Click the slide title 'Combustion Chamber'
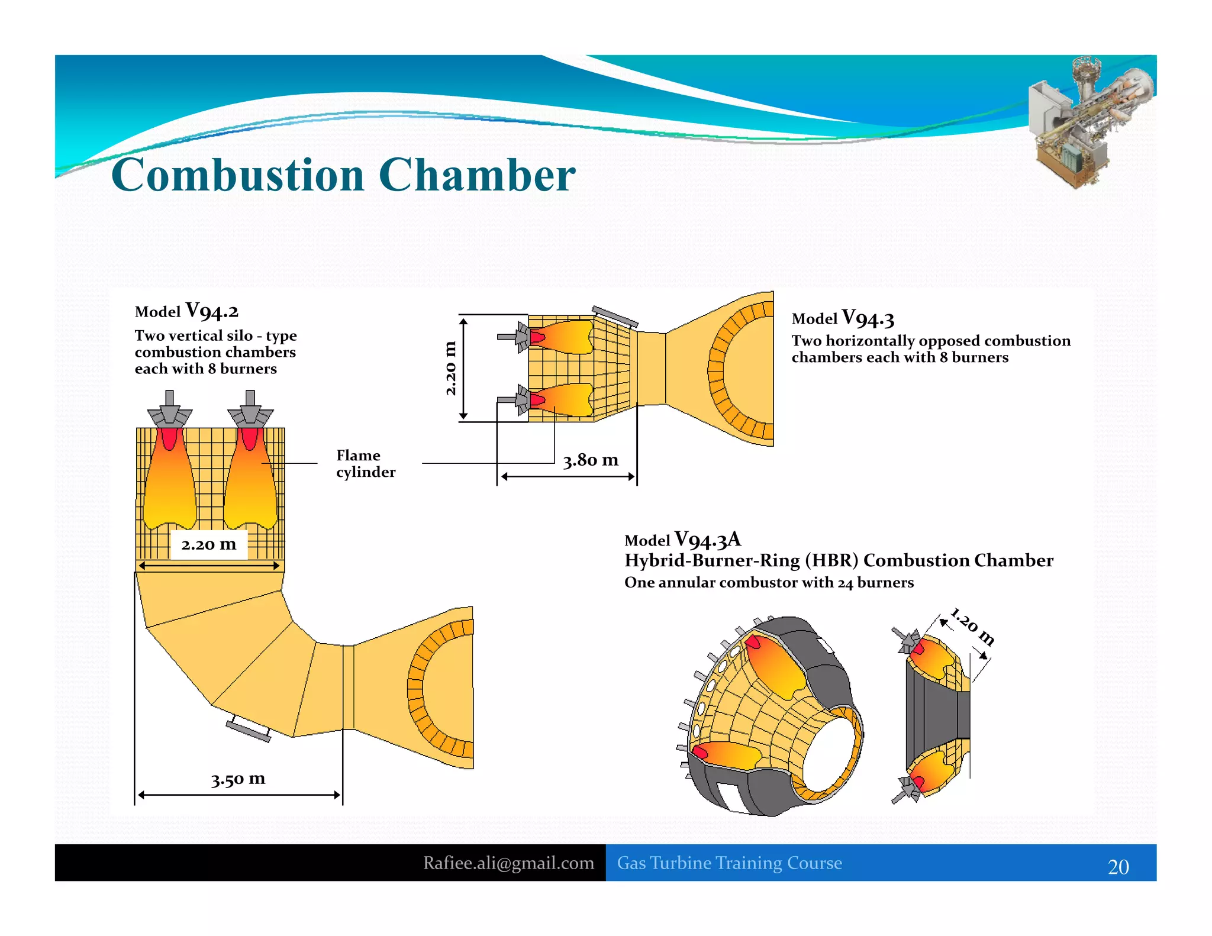pyautogui.click(x=343, y=175)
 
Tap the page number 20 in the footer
pyautogui.click(x=1118, y=867)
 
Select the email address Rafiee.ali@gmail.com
pyautogui.click(x=508, y=863)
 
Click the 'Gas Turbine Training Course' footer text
pyautogui.click(x=729, y=863)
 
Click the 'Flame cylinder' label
pyautogui.click(x=365, y=463)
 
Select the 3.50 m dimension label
pyautogui.click(x=238, y=779)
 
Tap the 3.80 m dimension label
pyautogui.click(x=590, y=460)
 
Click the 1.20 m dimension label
pyautogui.click(x=972, y=626)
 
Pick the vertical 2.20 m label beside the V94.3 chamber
pyautogui.click(x=450, y=368)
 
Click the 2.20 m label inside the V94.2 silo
pyautogui.click(x=208, y=544)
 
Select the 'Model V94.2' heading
pyautogui.click(x=186, y=311)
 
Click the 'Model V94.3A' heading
pyautogui.click(x=682, y=539)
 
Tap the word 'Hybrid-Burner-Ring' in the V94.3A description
pyautogui.click(x=712, y=560)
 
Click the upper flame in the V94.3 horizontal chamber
pyautogui.click(x=562, y=337)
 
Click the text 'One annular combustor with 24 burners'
pyautogui.click(x=769, y=583)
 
